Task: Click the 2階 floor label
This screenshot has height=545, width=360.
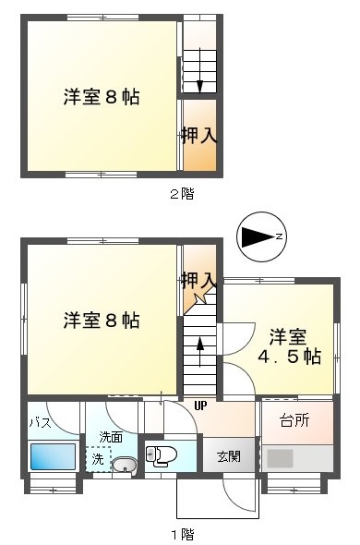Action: click(x=182, y=194)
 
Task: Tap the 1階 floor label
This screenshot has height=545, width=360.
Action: click(x=182, y=534)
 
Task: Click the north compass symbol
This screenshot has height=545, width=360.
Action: click(x=261, y=236)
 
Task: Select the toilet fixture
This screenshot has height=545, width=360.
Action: click(x=162, y=455)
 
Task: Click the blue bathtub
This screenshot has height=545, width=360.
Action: click(x=54, y=456)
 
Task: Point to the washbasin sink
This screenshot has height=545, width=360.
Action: click(x=125, y=465)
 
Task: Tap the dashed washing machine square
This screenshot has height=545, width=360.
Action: click(x=99, y=459)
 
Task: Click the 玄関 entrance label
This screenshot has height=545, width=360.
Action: click(x=229, y=456)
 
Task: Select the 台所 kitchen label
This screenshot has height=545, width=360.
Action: click(x=294, y=421)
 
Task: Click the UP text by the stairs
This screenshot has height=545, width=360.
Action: click(x=200, y=406)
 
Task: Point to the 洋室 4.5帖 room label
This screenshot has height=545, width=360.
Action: click(x=289, y=346)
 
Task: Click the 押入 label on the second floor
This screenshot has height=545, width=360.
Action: click(x=199, y=135)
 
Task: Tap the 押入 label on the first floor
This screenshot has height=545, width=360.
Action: click(x=198, y=280)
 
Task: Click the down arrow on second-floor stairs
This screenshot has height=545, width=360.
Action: click(x=199, y=71)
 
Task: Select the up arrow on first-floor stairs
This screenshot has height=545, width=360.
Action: click(x=199, y=351)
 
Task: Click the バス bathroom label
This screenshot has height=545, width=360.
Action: click(x=41, y=423)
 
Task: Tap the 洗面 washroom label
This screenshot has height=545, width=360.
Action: click(x=111, y=437)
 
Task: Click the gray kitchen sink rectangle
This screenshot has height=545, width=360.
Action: click(x=280, y=458)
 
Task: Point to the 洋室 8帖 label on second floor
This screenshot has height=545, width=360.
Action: click(x=102, y=97)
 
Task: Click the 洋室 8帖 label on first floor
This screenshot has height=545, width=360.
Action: click(x=102, y=321)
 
